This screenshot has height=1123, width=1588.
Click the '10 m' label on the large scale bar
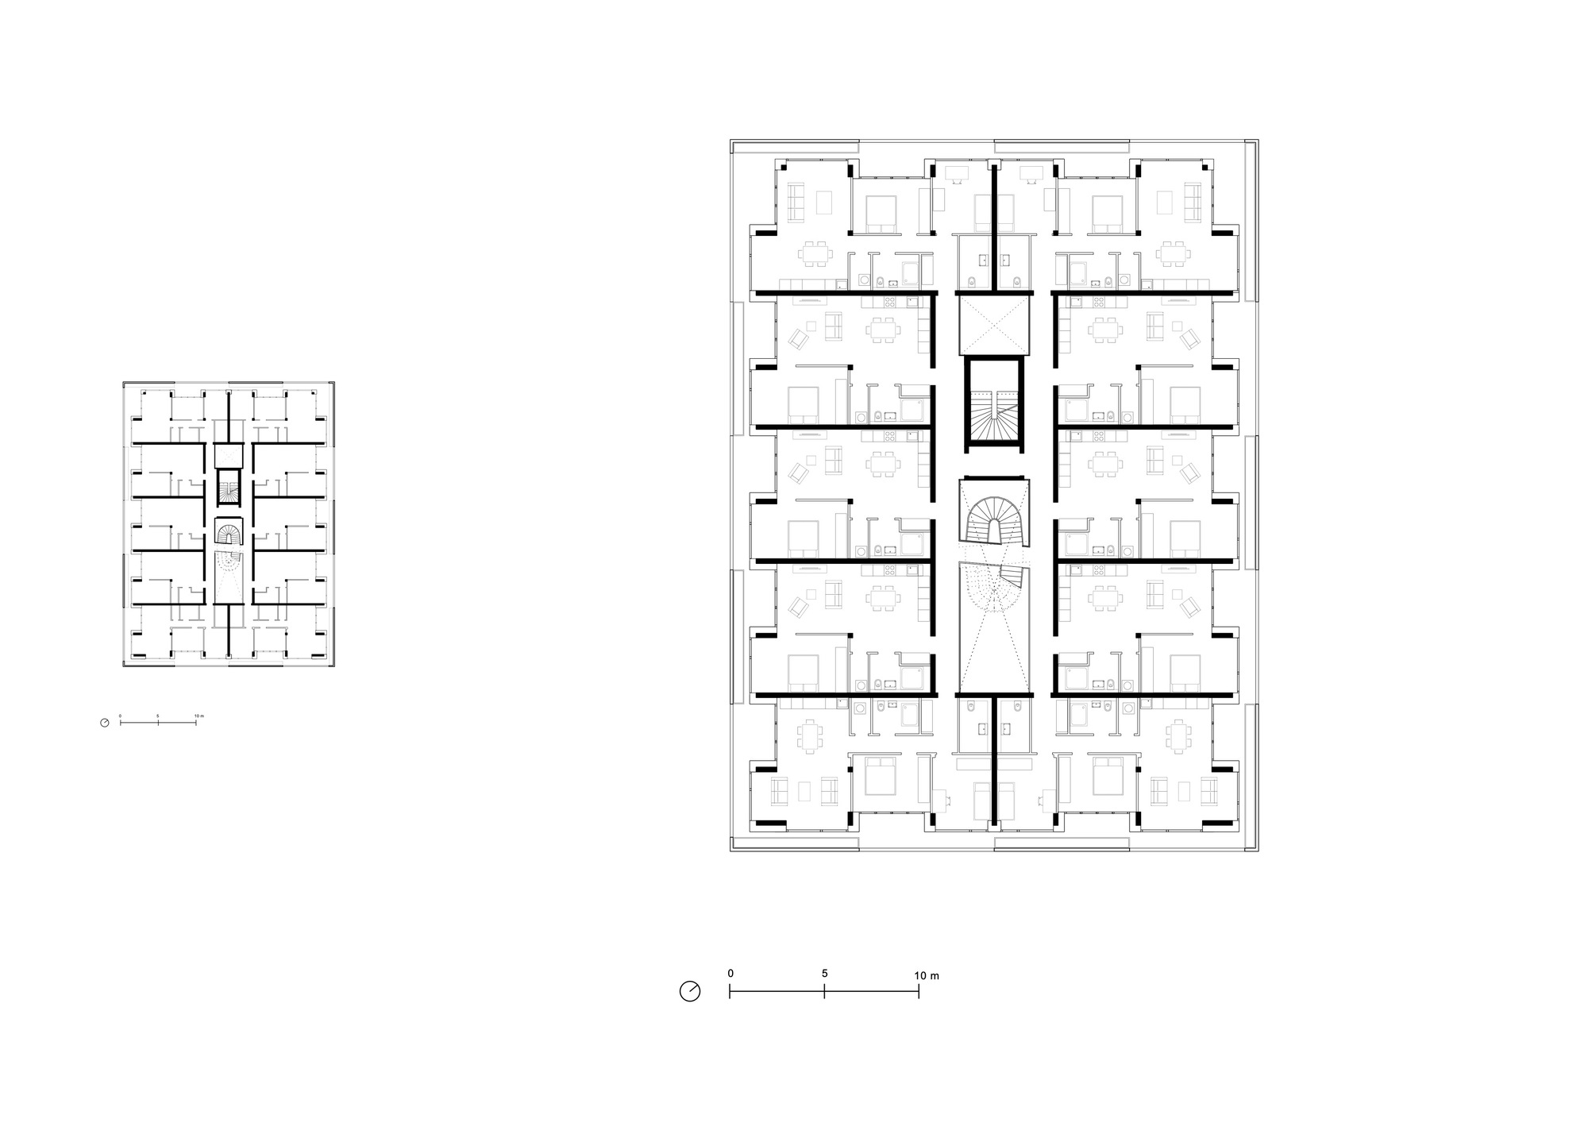tap(927, 975)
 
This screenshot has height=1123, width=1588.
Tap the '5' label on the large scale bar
tap(825, 974)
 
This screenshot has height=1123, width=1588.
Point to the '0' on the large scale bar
tap(730, 974)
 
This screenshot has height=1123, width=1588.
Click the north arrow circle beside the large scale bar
tap(690, 991)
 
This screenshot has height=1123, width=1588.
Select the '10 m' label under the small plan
tap(199, 716)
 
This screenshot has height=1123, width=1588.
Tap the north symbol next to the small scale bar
tap(105, 723)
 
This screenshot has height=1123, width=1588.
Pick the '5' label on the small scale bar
tap(158, 716)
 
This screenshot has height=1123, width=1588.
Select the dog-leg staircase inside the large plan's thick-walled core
tap(993, 413)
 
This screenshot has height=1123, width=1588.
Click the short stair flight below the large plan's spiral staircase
tap(1012, 575)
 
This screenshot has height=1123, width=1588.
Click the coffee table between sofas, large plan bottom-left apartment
tap(804, 790)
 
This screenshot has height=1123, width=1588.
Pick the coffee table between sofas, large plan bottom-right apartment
tap(1185, 790)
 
